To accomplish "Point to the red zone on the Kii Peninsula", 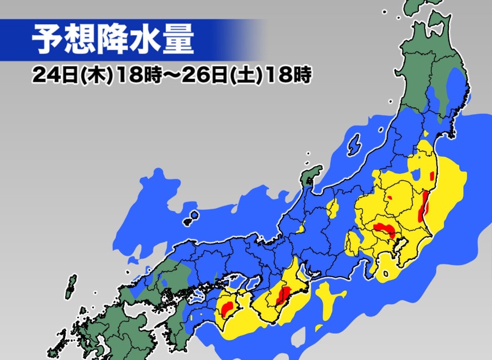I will pyautogui.click(x=284, y=296).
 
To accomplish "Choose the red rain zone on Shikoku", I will pyautogui.click(x=227, y=306).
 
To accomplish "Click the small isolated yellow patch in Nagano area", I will pyautogui.click(x=333, y=208).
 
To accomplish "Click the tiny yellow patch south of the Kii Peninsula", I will pyautogui.click(x=319, y=328).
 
